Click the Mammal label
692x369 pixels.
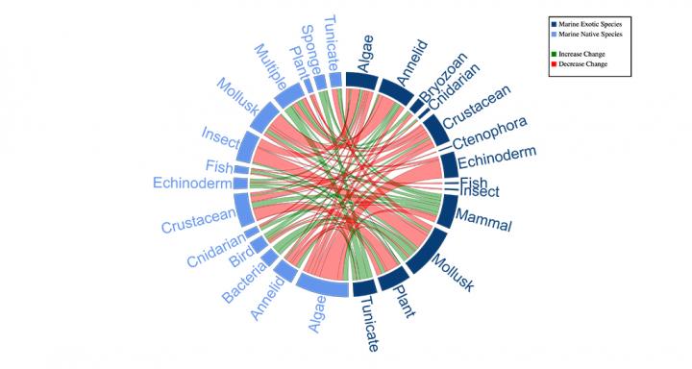coord(484,220)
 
